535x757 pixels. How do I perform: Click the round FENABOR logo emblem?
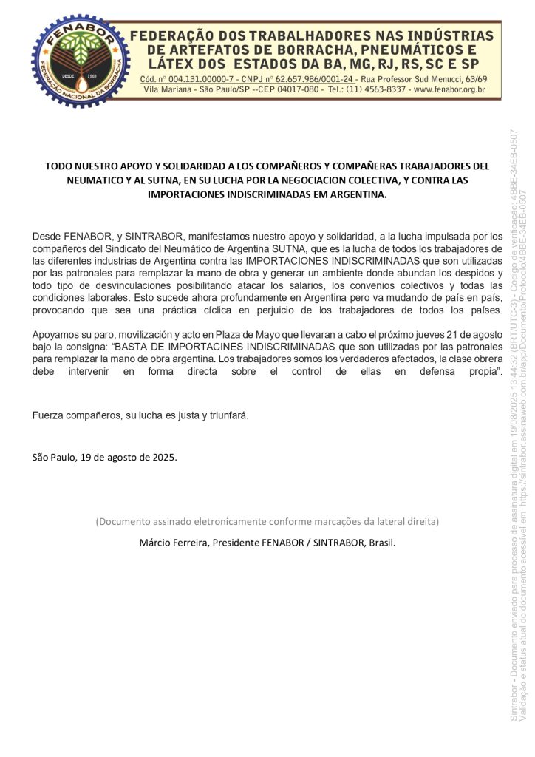coord(70,61)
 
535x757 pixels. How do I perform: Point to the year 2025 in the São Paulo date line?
coord(163,457)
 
